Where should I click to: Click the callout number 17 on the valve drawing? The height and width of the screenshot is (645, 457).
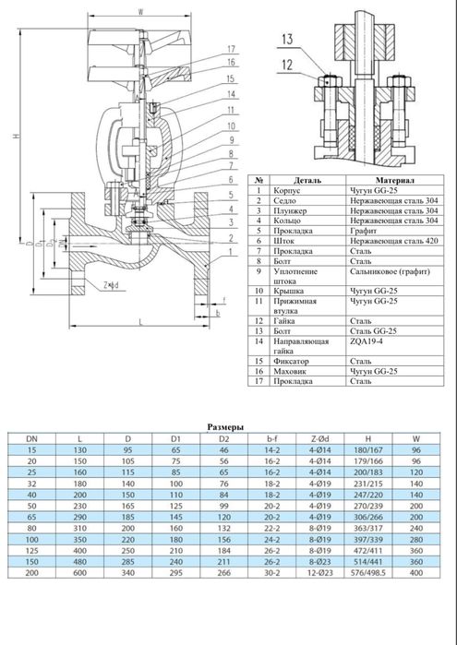coord(231,48)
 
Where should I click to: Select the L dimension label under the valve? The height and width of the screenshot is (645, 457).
coord(138,320)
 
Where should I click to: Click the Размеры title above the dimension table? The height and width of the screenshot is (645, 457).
coord(225,428)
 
